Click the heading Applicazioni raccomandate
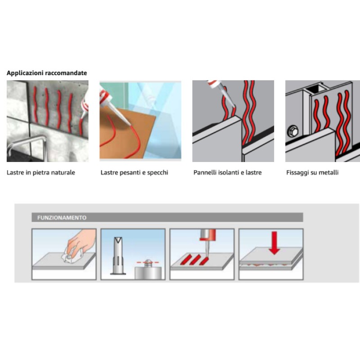47,73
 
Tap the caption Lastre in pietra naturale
41,172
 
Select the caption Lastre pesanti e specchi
134,172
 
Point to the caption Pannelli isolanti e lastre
228,172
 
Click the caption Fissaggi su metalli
312,172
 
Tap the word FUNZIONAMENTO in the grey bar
62,218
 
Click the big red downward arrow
274,243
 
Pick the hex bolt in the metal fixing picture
293,131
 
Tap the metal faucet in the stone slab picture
27,146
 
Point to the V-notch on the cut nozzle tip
118,240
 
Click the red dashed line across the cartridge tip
148,262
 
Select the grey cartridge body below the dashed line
148,273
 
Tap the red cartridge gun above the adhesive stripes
207,235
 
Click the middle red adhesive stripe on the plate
195,260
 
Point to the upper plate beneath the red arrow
271,255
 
